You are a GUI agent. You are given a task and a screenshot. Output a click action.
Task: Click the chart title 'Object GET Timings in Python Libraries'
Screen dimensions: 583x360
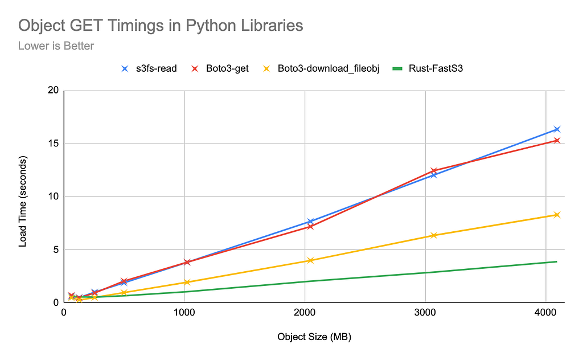(161, 26)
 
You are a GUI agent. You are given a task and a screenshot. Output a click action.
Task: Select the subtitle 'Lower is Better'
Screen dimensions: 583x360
(56, 46)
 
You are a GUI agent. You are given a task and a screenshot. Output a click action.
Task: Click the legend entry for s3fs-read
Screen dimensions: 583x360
(149, 69)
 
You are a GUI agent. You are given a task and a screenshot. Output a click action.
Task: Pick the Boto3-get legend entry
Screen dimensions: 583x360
(220, 69)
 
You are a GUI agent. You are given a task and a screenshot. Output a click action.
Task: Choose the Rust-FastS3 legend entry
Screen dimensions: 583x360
(428, 69)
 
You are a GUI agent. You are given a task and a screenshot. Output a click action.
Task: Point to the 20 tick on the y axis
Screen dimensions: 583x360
(54, 91)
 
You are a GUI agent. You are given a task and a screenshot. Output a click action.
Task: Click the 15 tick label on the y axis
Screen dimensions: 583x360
(54, 144)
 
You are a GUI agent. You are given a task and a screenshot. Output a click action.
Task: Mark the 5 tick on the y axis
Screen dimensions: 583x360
(56, 249)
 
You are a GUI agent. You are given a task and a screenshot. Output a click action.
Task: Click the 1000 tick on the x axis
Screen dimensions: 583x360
(184, 312)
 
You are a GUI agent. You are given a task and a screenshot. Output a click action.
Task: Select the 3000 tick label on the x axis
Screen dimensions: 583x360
(425, 312)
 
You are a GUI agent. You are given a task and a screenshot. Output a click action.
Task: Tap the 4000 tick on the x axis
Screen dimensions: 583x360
(545, 312)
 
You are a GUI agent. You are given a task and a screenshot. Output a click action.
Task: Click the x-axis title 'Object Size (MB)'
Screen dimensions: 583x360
(314, 337)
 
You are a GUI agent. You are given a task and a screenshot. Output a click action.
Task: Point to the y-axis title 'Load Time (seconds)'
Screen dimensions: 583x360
(23, 201)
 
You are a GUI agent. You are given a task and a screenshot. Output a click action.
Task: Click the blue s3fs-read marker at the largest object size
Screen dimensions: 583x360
(557, 129)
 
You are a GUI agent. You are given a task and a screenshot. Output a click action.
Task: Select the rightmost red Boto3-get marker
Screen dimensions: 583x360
(557, 140)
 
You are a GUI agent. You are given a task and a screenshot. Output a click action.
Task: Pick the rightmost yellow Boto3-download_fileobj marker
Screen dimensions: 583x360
(557, 215)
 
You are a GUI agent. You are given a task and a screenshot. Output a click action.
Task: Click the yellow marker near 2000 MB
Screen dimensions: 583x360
(310, 260)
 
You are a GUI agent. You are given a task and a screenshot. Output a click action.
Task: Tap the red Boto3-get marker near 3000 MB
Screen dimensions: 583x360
(433, 171)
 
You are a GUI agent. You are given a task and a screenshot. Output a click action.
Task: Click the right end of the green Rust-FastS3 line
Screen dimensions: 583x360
(557, 261)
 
